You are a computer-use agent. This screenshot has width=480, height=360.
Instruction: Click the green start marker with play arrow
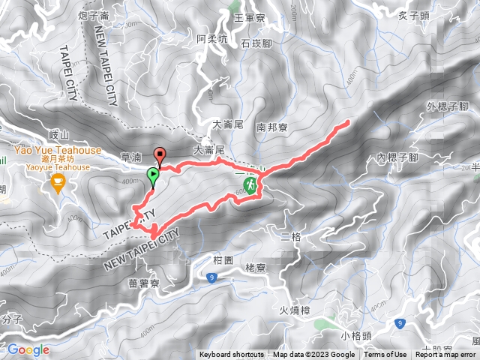[153, 176]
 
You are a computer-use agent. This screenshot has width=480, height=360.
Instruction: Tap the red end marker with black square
[159, 156]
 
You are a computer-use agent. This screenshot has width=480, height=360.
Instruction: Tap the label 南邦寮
[271, 127]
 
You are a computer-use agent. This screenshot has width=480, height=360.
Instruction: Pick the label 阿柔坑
[211, 38]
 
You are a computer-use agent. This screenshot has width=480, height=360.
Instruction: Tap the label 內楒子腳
[397, 157]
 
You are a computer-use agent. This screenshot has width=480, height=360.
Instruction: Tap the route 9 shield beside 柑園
[211, 278]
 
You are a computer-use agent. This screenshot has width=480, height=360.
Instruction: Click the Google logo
[28, 349]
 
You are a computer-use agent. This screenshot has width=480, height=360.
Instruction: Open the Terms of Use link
[385, 355]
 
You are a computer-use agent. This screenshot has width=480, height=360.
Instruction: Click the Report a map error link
[446, 355]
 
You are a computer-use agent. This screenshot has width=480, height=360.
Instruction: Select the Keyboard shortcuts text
[231, 355]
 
